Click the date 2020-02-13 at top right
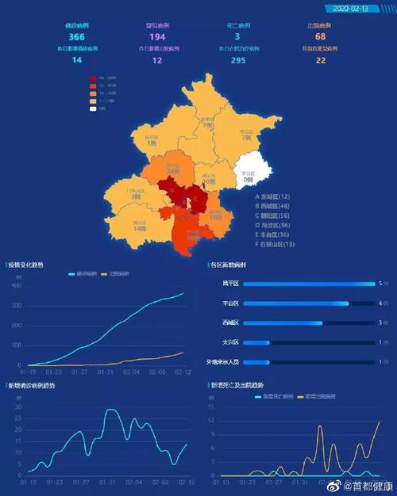click(x=352, y=9)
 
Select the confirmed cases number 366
click(x=76, y=37)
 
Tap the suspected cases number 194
click(x=156, y=37)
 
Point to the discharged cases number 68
click(x=320, y=37)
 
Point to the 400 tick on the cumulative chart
click(x=16, y=284)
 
